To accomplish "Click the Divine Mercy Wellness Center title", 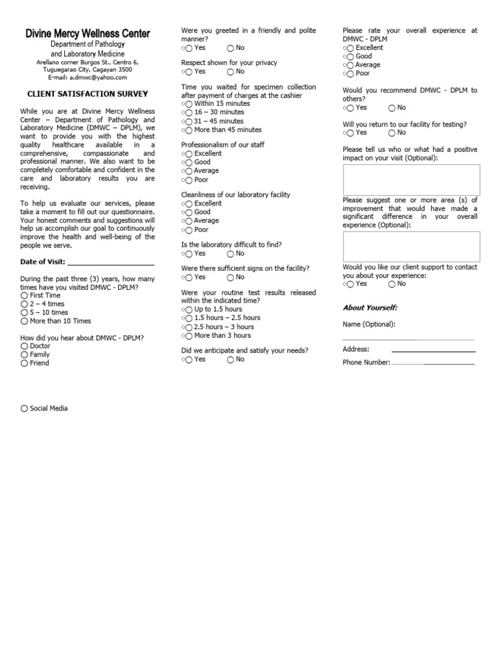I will click(88, 33).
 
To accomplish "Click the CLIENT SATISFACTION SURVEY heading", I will click(88, 94).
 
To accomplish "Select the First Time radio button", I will click(25, 295).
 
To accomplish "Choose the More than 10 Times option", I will click(25, 321).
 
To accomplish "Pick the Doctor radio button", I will click(25, 346).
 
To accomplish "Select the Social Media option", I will click(25, 408).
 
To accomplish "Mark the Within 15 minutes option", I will click(189, 104).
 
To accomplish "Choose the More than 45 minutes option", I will click(189, 130).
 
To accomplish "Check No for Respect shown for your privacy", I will click(231, 71).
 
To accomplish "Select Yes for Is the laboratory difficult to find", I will click(189, 253).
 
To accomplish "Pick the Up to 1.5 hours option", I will click(189, 310).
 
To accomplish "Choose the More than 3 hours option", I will click(189, 336).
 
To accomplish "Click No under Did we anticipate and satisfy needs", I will click(231, 359).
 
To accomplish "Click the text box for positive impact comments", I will click(411, 180).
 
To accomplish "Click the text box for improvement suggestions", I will click(411, 247).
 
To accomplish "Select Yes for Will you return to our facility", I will click(350, 132).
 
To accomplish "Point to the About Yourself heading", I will click(370, 307).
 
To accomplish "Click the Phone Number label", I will click(366, 362).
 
